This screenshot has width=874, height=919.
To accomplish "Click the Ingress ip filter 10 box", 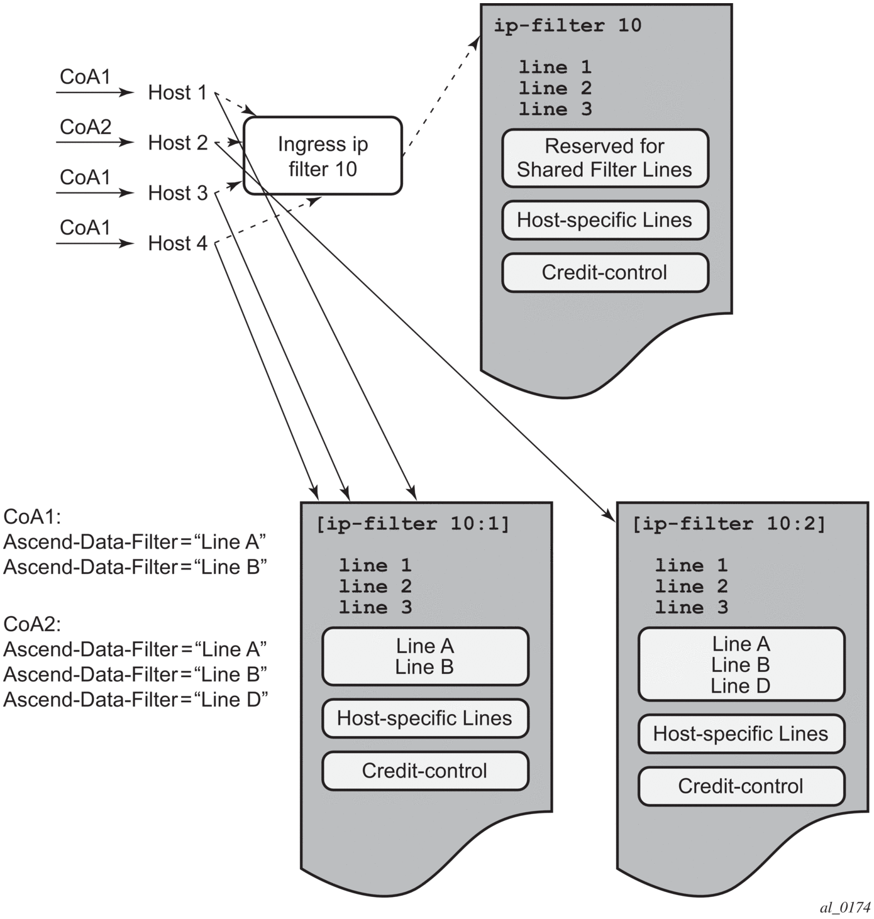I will click(x=323, y=156).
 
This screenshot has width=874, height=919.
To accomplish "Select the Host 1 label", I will click(x=177, y=92).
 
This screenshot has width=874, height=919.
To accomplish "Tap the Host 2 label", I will click(x=177, y=143).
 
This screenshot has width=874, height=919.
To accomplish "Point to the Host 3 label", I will click(x=177, y=193).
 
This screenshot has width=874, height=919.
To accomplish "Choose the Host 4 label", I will click(x=177, y=243).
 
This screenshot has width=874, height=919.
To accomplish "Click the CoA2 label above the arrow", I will click(x=86, y=127).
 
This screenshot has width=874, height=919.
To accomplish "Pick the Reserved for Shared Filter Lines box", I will click(x=605, y=158).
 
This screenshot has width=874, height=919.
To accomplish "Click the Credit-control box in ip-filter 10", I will click(x=605, y=272).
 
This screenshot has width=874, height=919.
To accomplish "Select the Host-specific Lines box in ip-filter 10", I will click(x=605, y=220).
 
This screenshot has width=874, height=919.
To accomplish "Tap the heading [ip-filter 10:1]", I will click(x=412, y=524).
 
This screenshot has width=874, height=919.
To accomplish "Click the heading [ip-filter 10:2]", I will click(x=729, y=524).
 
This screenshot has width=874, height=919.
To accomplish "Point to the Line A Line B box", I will click(x=425, y=656).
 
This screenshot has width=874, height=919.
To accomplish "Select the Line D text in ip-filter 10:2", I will click(x=741, y=686).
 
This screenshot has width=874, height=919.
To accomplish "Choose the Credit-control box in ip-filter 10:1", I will click(x=425, y=771).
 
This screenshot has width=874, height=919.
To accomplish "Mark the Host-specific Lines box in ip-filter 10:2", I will click(x=741, y=734).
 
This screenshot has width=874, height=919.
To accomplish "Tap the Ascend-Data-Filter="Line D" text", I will click(x=136, y=700).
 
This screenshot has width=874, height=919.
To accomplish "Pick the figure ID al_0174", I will click(x=845, y=907).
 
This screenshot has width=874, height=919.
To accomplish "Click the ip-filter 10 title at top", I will click(x=568, y=26).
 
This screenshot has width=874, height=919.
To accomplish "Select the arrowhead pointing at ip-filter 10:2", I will click(x=611, y=517).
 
